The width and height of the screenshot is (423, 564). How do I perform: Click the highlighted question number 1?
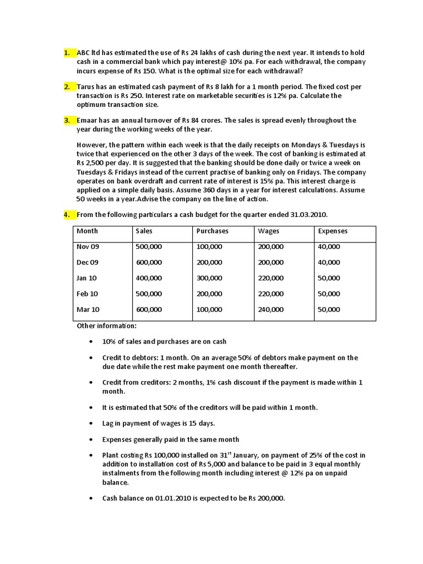(x=67, y=53)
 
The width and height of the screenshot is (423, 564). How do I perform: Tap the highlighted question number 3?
(x=67, y=120)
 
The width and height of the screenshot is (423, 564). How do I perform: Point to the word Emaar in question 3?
(x=88, y=120)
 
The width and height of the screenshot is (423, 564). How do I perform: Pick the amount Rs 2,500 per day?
(x=91, y=163)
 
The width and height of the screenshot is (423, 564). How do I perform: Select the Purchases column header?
(x=212, y=231)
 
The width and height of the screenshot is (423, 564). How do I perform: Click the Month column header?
(x=87, y=231)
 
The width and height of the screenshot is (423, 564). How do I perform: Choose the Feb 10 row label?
(x=87, y=294)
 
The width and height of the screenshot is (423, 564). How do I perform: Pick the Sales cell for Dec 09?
(x=149, y=263)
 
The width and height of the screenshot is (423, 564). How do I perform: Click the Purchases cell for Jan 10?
(x=209, y=278)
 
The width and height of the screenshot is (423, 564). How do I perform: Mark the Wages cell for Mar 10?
(x=270, y=310)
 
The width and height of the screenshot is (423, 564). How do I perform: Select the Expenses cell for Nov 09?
(x=329, y=247)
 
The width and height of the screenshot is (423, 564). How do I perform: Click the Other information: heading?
(x=106, y=326)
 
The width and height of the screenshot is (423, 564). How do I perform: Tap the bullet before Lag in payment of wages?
(x=90, y=424)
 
